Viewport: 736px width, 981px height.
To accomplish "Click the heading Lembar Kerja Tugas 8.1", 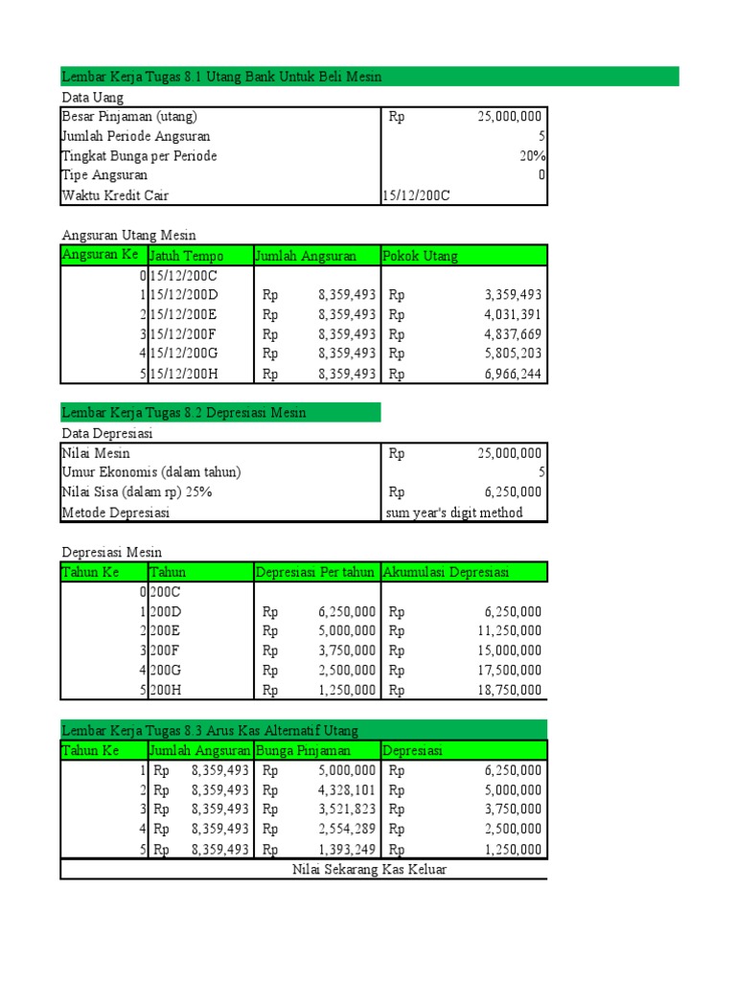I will tap(221, 77).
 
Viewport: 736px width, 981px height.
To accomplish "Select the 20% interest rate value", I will tap(532, 156).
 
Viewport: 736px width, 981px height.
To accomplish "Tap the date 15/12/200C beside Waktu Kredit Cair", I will tap(416, 195).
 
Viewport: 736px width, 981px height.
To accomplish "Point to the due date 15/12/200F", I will tap(184, 334).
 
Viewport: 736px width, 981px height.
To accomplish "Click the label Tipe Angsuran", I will tap(104, 175).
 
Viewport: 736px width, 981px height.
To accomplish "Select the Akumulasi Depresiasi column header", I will tap(446, 573).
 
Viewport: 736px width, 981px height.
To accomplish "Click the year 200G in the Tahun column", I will tap(165, 671).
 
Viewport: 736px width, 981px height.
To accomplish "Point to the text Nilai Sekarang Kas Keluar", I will tap(369, 870).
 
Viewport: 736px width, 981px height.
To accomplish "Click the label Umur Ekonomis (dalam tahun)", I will tap(151, 472).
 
